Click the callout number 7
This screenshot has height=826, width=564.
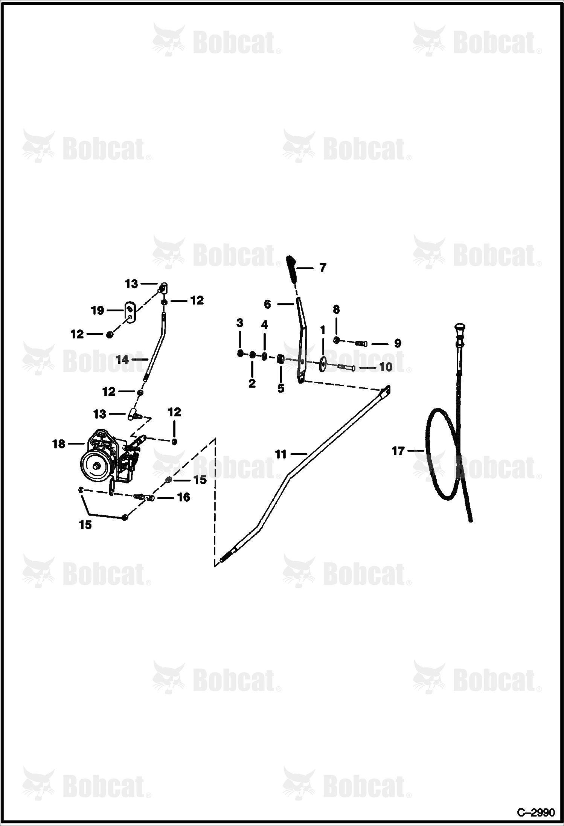(323, 268)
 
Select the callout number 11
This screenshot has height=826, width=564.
(281, 455)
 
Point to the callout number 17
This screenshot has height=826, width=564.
(398, 451)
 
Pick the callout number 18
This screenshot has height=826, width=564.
(59, 444)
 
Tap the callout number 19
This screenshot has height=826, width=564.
(98, 311)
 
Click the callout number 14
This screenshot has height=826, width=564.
(122, 360)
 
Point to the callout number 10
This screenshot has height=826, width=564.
(386, 367)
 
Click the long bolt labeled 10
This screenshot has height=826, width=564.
(346, 367)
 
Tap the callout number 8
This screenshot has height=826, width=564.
(336, 309)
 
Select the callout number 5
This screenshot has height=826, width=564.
(281, 389)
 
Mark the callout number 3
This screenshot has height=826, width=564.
(240, 323)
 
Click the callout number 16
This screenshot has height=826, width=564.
(183, 497)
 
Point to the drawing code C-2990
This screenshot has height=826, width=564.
(536, 812)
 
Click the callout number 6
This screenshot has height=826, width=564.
(267, 304)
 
